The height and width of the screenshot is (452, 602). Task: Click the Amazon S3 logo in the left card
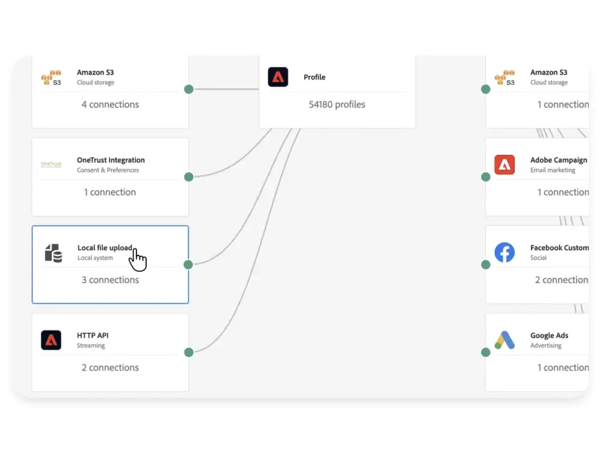click(51, 78)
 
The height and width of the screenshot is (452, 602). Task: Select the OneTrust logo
click(51, 164)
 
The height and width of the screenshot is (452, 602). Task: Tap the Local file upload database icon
click(53, 253)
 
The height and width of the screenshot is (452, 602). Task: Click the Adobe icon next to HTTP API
click(51, 341)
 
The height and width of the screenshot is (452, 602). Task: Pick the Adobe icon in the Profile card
click(278, 77)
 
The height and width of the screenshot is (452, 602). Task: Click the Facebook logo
click(504, 253)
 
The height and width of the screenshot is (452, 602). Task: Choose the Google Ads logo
click(504, 341)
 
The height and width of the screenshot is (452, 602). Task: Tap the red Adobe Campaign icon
click(504, 165)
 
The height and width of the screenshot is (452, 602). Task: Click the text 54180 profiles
click(337, 104)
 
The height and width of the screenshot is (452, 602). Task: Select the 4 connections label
click(110, 104)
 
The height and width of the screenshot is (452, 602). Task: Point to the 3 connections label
click(110, 280)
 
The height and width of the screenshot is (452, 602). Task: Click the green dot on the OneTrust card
click(188, 177)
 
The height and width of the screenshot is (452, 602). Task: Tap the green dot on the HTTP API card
click(188, 352)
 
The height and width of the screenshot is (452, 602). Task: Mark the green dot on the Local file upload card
click(188, 265)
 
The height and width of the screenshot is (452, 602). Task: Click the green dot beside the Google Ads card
click(486, 352)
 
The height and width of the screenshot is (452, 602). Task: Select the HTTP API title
click(93, 336)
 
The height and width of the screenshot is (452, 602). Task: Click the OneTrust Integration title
click(111, 160)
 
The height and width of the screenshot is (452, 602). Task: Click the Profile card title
click(314, 77)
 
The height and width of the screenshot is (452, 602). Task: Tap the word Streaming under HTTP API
click(91, 346)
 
